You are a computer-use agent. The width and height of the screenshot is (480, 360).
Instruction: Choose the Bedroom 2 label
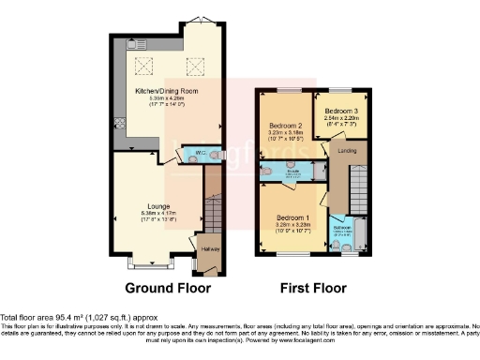[284, 125]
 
